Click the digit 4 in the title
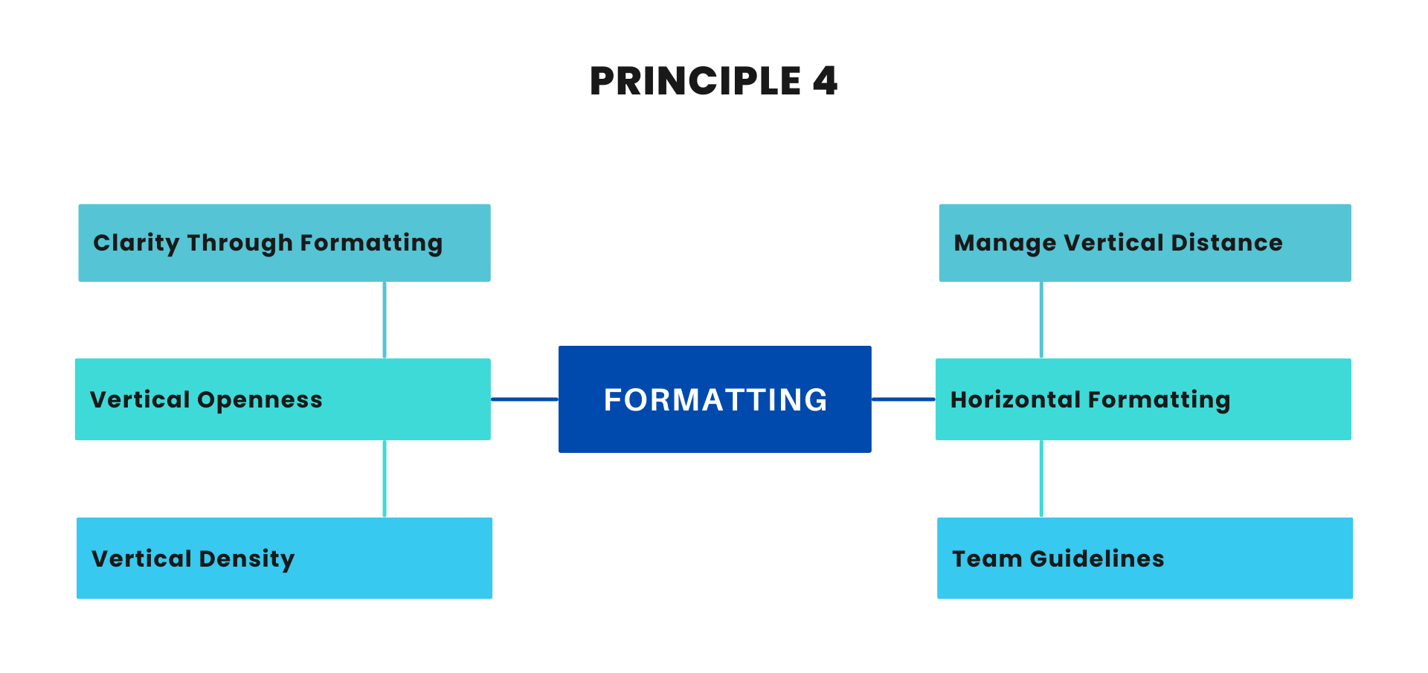825,81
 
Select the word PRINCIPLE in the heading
695,81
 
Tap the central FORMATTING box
715,399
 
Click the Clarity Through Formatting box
284,243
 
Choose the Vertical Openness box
283,399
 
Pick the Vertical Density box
284,558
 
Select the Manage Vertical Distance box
1145,243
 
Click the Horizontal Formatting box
1143,399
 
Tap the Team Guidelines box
1145,558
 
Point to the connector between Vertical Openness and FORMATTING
524,399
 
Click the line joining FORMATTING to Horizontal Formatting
903,399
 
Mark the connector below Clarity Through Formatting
384,320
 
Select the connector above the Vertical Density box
384,479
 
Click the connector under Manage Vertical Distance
1041,320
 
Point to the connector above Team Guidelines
1041,479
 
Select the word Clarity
136,244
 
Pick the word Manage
1005,244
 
